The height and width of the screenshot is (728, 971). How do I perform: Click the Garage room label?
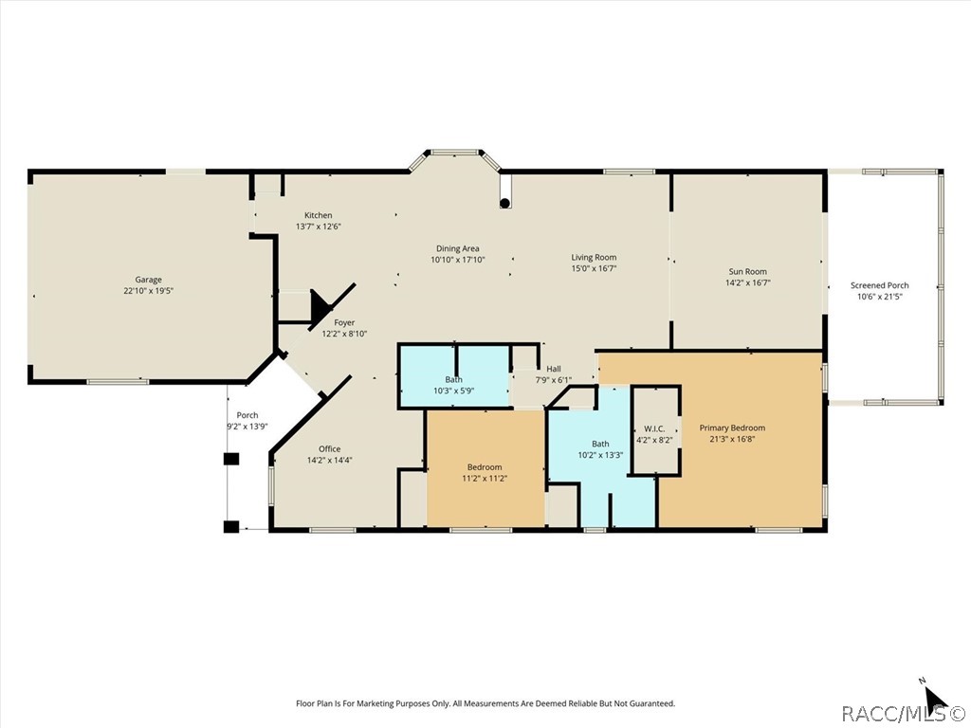(149, 280)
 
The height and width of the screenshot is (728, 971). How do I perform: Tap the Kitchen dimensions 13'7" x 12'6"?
(319, 227)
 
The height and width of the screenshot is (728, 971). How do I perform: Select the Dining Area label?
(458, 249)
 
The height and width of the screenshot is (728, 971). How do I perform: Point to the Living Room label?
(594, 258)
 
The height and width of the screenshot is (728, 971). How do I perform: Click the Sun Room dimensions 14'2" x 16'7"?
(748, 282)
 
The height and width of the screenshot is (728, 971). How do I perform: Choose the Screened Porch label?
(880, 285)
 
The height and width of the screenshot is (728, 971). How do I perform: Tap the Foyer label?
(344, 322)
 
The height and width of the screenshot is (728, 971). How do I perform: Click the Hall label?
(554, 369)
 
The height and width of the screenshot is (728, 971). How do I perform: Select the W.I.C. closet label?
(654, 429)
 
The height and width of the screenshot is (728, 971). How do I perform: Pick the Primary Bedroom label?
(733, 428)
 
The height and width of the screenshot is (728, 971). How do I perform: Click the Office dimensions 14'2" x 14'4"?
(330, 460)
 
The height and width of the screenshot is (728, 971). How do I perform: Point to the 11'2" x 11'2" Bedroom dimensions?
(485, 478)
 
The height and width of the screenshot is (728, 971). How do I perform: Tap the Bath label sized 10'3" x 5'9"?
(454, 379)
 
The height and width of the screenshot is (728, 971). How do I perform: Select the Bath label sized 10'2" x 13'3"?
(600, 444)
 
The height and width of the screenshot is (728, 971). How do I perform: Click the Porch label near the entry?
(247, 415)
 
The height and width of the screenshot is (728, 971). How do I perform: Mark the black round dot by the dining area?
(505, 203)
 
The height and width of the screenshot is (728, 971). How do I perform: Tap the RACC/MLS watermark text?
(906, 714)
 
